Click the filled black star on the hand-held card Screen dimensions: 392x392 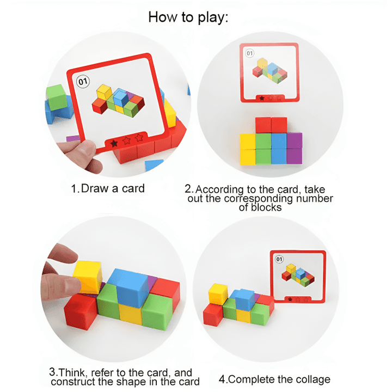coord(114,143)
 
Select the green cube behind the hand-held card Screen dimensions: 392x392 coord(56,99)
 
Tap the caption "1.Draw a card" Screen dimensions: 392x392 coord(108,189)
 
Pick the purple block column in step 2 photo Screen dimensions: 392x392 coord(294,149)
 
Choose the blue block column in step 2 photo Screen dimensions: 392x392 coord(279,149)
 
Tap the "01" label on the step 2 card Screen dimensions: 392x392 coord(250,53)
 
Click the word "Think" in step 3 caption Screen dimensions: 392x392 coord(73,372)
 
